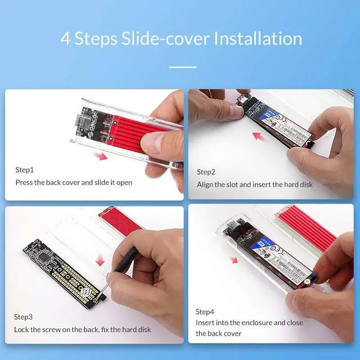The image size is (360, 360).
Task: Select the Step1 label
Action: (25, 169)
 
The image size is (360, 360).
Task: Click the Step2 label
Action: (206, 172)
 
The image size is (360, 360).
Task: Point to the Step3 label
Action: (25, 317)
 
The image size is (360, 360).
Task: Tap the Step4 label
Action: (205, 311)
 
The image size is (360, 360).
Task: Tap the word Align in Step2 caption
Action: (206, 184)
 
